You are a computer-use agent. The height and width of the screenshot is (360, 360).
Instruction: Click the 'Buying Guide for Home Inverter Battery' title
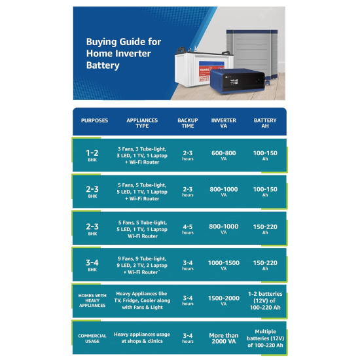click(124, 53)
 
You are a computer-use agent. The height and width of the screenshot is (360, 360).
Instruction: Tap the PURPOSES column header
click(94, 120)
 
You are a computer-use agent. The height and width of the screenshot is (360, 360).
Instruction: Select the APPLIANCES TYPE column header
click(142, 123)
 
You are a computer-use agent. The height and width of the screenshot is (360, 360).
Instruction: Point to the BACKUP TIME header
click(188, 123)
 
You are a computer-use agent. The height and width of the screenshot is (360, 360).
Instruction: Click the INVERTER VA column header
click(224, 123)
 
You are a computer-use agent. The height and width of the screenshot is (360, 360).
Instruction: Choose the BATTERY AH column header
click(265, 123)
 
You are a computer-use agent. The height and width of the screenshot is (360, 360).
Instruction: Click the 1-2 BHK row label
click(92, 155)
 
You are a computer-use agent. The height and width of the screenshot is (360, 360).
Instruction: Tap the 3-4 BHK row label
click(92, 265)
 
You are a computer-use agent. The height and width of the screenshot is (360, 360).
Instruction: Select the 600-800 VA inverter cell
click(224, 155)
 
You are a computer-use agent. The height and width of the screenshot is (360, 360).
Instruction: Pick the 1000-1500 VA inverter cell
click(224, 265)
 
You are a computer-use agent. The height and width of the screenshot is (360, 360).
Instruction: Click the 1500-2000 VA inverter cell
click(224, 300)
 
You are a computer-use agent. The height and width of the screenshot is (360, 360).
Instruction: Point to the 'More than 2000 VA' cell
click(224, 338)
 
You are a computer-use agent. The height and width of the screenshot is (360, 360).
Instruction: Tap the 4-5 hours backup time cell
click(188, 229)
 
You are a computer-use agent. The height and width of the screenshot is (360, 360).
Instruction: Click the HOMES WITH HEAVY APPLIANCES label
click(92, 300)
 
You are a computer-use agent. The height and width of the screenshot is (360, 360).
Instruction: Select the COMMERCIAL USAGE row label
click(92, 338)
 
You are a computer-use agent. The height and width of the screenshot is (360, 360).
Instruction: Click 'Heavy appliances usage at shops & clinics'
click(142, 338)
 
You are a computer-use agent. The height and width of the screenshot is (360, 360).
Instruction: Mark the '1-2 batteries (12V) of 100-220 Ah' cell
click(265, 300)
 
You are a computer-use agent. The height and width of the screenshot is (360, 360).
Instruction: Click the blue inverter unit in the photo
click(237, 81)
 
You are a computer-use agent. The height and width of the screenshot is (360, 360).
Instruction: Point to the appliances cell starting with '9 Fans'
click(142, 265)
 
